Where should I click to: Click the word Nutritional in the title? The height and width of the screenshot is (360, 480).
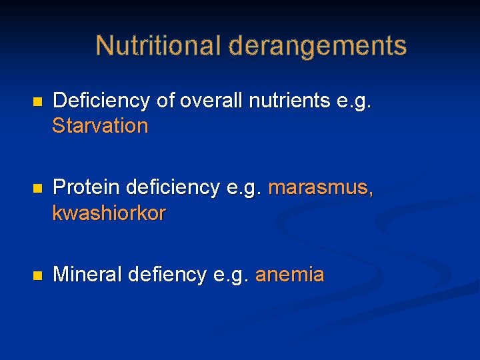(x=158, y=46)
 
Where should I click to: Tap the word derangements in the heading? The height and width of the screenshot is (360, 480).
(x=317, y=46)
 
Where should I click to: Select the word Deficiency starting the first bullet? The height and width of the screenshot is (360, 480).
(x=101, y=101)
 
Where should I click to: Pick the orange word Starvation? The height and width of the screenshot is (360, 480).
(x=100, y=125)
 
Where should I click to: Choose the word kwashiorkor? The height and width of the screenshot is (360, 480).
(x=109, y=213)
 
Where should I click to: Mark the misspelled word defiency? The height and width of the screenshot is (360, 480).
(x=167, y=275)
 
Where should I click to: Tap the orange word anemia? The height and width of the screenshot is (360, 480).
(x=290, y=275)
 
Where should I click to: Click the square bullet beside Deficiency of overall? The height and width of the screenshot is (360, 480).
(x=37, y=102)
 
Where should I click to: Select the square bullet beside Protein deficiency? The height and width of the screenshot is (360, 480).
(x=37, y=189)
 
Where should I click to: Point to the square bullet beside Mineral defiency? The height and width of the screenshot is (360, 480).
(x=37, y=275)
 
